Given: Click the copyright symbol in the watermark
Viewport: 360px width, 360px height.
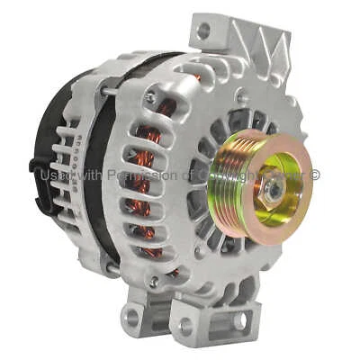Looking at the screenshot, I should pos(315,175).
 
